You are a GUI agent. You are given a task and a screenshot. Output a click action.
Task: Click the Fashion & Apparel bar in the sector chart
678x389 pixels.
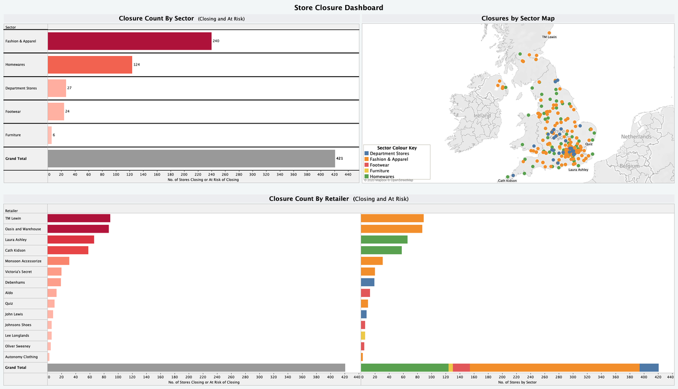click(129, 41)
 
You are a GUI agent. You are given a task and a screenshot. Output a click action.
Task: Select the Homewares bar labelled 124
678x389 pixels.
click(90, 65)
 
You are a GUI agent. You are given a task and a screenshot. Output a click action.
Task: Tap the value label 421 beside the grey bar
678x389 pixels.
click(340, 159)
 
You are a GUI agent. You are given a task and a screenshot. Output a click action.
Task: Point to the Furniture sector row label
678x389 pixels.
click(14, 136)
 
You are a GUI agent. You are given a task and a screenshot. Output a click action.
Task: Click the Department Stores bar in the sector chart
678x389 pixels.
click(57, 88)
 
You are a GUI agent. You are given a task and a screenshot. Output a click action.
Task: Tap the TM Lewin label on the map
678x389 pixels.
click(549, 37)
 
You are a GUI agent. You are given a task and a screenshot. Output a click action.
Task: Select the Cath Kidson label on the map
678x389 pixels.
click(507, 181)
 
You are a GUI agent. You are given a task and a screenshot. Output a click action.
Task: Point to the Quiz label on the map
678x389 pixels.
click(589, 144)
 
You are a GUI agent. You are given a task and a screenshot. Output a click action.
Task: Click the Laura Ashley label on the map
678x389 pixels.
click(578, 169)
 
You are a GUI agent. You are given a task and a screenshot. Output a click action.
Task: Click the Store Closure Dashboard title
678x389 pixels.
click(339, 8)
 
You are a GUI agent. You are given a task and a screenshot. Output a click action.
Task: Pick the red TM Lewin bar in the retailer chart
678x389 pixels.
click(79, 218)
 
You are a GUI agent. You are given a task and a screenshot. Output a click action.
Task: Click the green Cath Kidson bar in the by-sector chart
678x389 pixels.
click(381, 250)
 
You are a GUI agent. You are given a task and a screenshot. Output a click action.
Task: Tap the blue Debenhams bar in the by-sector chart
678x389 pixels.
click(367, 282)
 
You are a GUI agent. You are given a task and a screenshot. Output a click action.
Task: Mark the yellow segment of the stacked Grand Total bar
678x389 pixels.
click(450, 368)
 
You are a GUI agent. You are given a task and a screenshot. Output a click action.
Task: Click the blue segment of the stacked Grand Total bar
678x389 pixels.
click(649, 368)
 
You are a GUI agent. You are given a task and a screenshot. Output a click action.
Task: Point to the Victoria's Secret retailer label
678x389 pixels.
click(18, 272)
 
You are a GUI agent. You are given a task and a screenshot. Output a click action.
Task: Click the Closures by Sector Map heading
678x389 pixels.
click(518, 19)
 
